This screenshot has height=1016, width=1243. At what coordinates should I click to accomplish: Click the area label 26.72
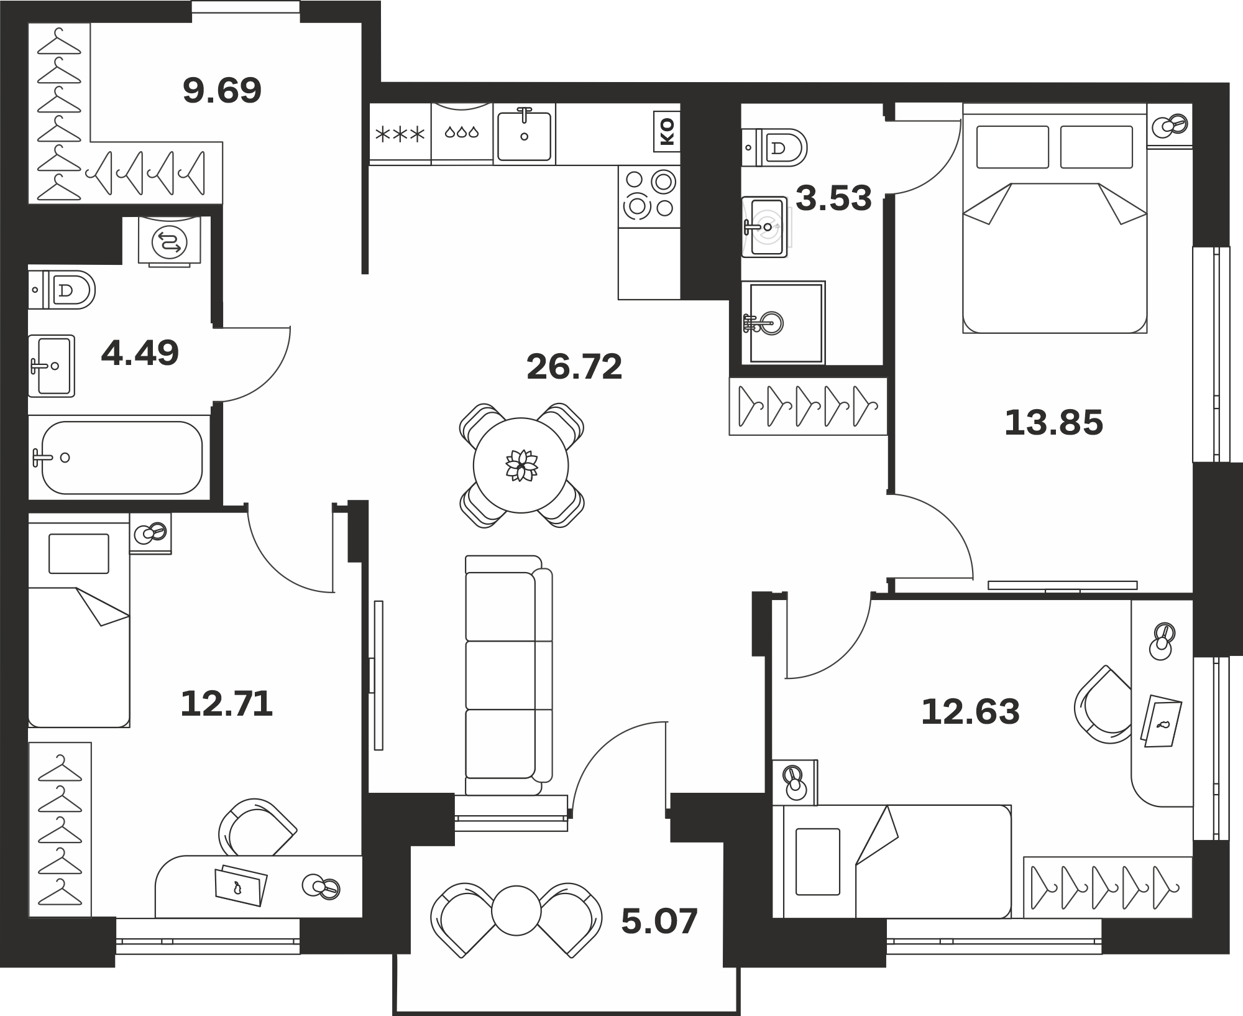[574, 367]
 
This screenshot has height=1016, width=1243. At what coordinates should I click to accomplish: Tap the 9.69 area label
[222, 91]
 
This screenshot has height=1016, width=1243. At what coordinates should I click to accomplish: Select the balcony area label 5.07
[659, 922]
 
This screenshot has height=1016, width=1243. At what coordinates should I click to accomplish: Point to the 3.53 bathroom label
[833, 198]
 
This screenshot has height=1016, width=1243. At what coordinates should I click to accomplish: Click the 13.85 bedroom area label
[1053, 423]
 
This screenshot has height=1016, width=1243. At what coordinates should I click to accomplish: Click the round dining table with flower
[521, 466]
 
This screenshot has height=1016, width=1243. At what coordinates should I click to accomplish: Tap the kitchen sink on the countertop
[525, 134]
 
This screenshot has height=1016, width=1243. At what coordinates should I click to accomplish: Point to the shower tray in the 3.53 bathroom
[784, 323]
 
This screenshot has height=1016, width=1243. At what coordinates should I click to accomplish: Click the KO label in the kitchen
[666, 132]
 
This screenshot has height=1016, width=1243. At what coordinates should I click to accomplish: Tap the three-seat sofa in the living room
[509, 675]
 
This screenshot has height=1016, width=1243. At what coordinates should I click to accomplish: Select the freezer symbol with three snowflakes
[400, 134]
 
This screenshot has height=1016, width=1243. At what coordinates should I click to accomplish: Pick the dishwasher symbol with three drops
[462, 132]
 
